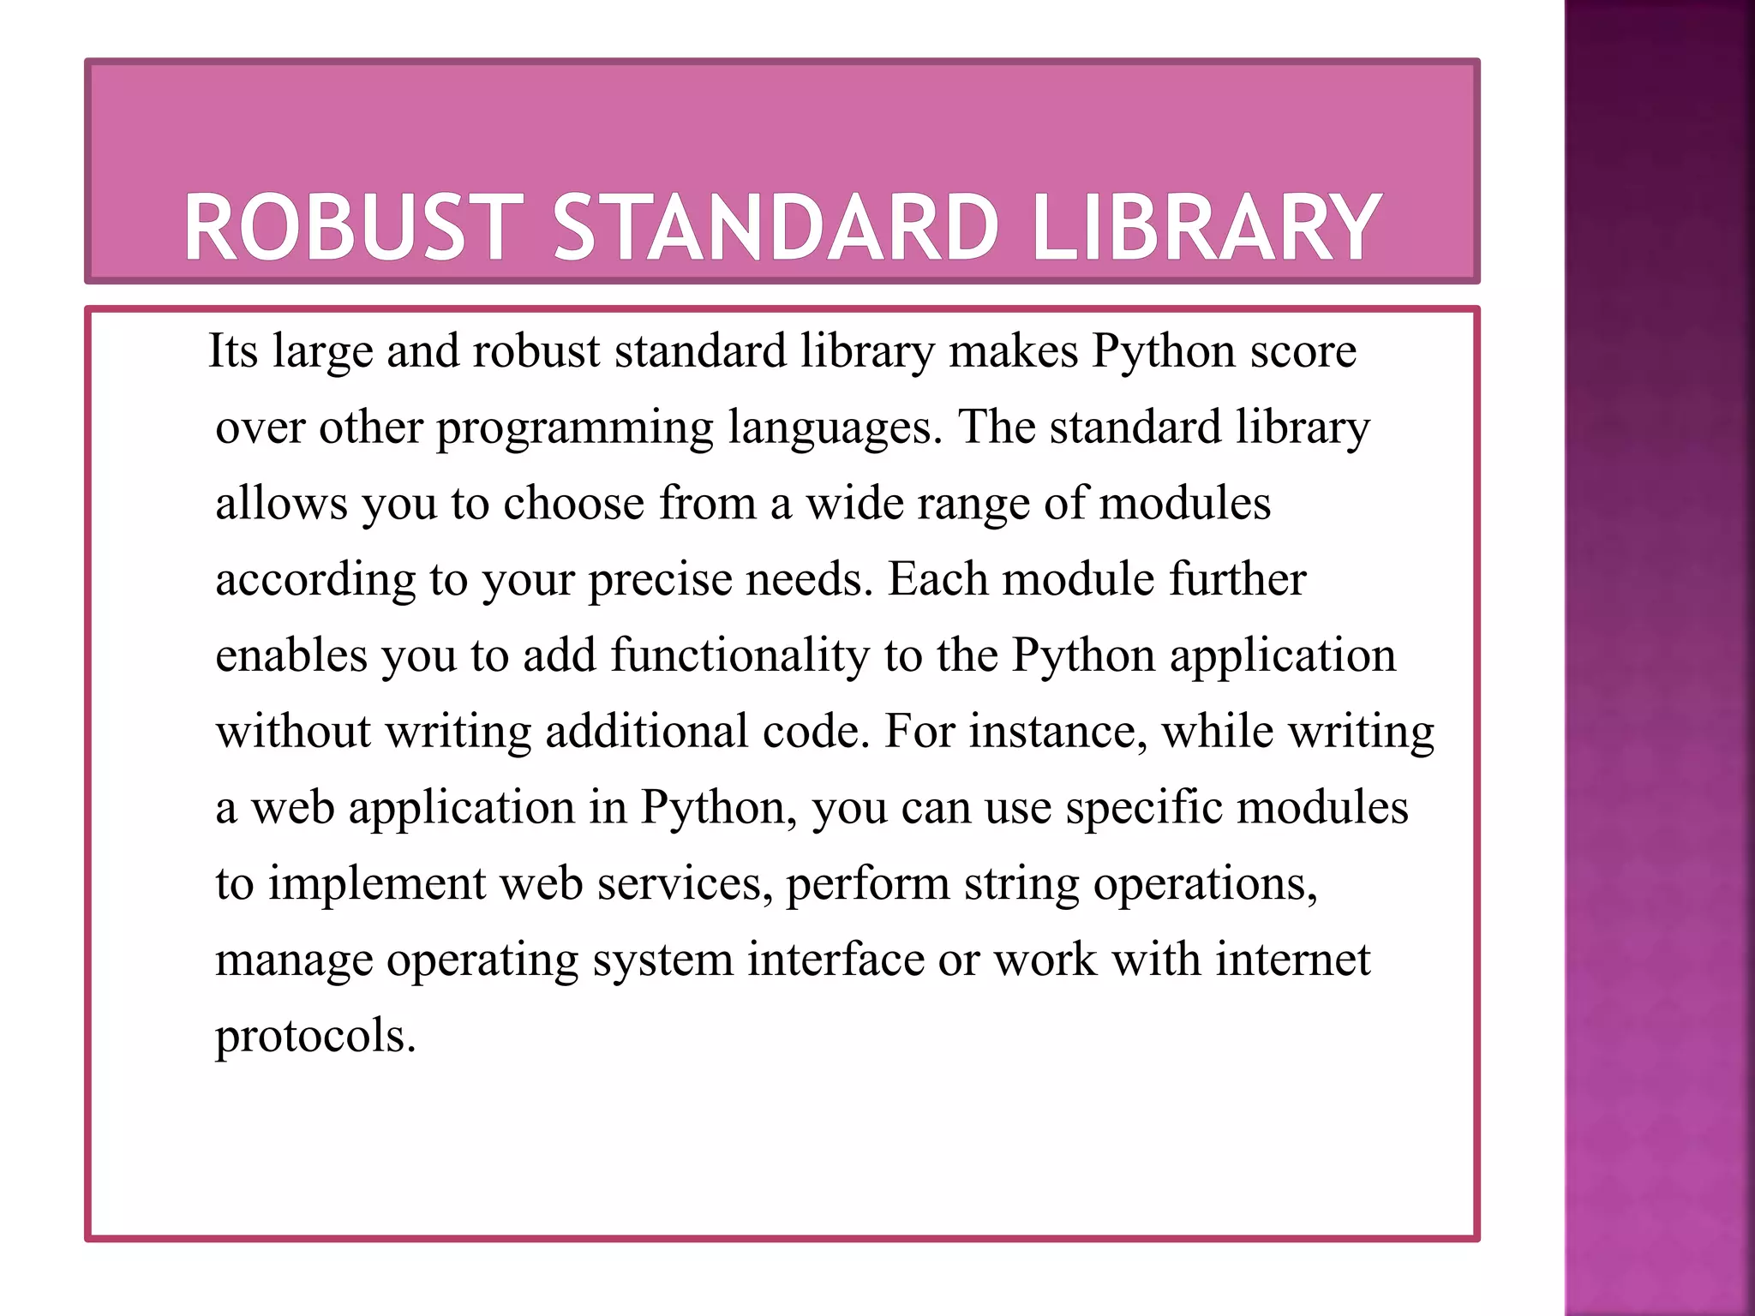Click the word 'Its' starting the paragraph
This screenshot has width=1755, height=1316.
click(x=232, y=351)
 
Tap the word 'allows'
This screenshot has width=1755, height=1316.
click(x=281, y=504)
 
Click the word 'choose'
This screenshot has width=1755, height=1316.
click(x=573, y=504)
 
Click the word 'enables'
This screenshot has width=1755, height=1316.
click(x=291, y=656)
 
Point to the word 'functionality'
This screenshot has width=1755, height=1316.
click(x=740, y=656)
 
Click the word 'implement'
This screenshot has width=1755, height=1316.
click(x=377, y=884)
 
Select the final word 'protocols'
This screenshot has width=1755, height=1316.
click(x=314, y=1037)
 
